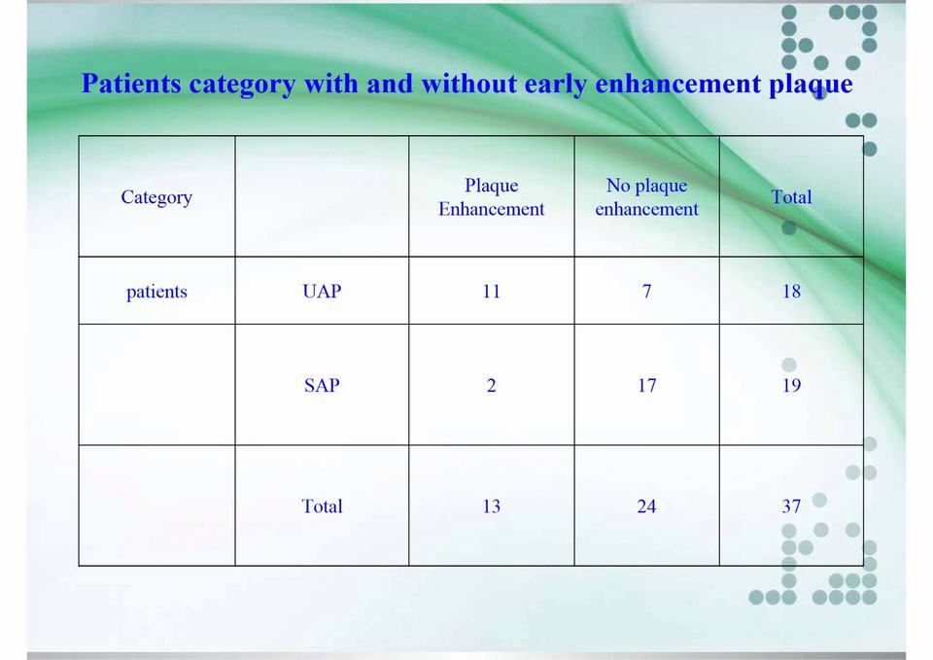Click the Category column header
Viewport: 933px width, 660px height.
click(x=156, y=197)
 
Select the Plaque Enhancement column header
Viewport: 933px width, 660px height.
click(x=492, y=197)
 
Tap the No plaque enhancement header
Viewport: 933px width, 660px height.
click(x=647, y=197)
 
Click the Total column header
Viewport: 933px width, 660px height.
click(x=791, y=196)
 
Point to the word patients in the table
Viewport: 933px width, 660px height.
click(x=156, y=292)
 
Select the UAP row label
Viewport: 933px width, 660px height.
click(x=322, y=291)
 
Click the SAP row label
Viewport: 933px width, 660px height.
click(x=322, y=385)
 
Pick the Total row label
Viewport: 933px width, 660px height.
click(x=322, y=505)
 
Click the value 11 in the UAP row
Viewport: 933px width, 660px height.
click(x=492, y=291)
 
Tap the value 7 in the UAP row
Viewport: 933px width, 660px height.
click(x=647, y=291)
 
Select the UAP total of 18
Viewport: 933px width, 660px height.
click(x=791, y=291)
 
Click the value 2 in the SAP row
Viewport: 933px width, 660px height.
click(x=492, y=385)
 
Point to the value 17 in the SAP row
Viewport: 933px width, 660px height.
click(x=647, y=385)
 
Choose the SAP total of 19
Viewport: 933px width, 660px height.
click(x=791, y=385)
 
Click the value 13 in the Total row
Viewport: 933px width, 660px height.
click(x=492, y=505)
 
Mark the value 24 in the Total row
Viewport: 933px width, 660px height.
click(x=647, y=505)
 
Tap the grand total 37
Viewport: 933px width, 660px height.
click(x=791, y=505)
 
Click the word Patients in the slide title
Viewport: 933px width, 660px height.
click(x=131, y=84)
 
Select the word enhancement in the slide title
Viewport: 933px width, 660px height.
click(x=677, y=84)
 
